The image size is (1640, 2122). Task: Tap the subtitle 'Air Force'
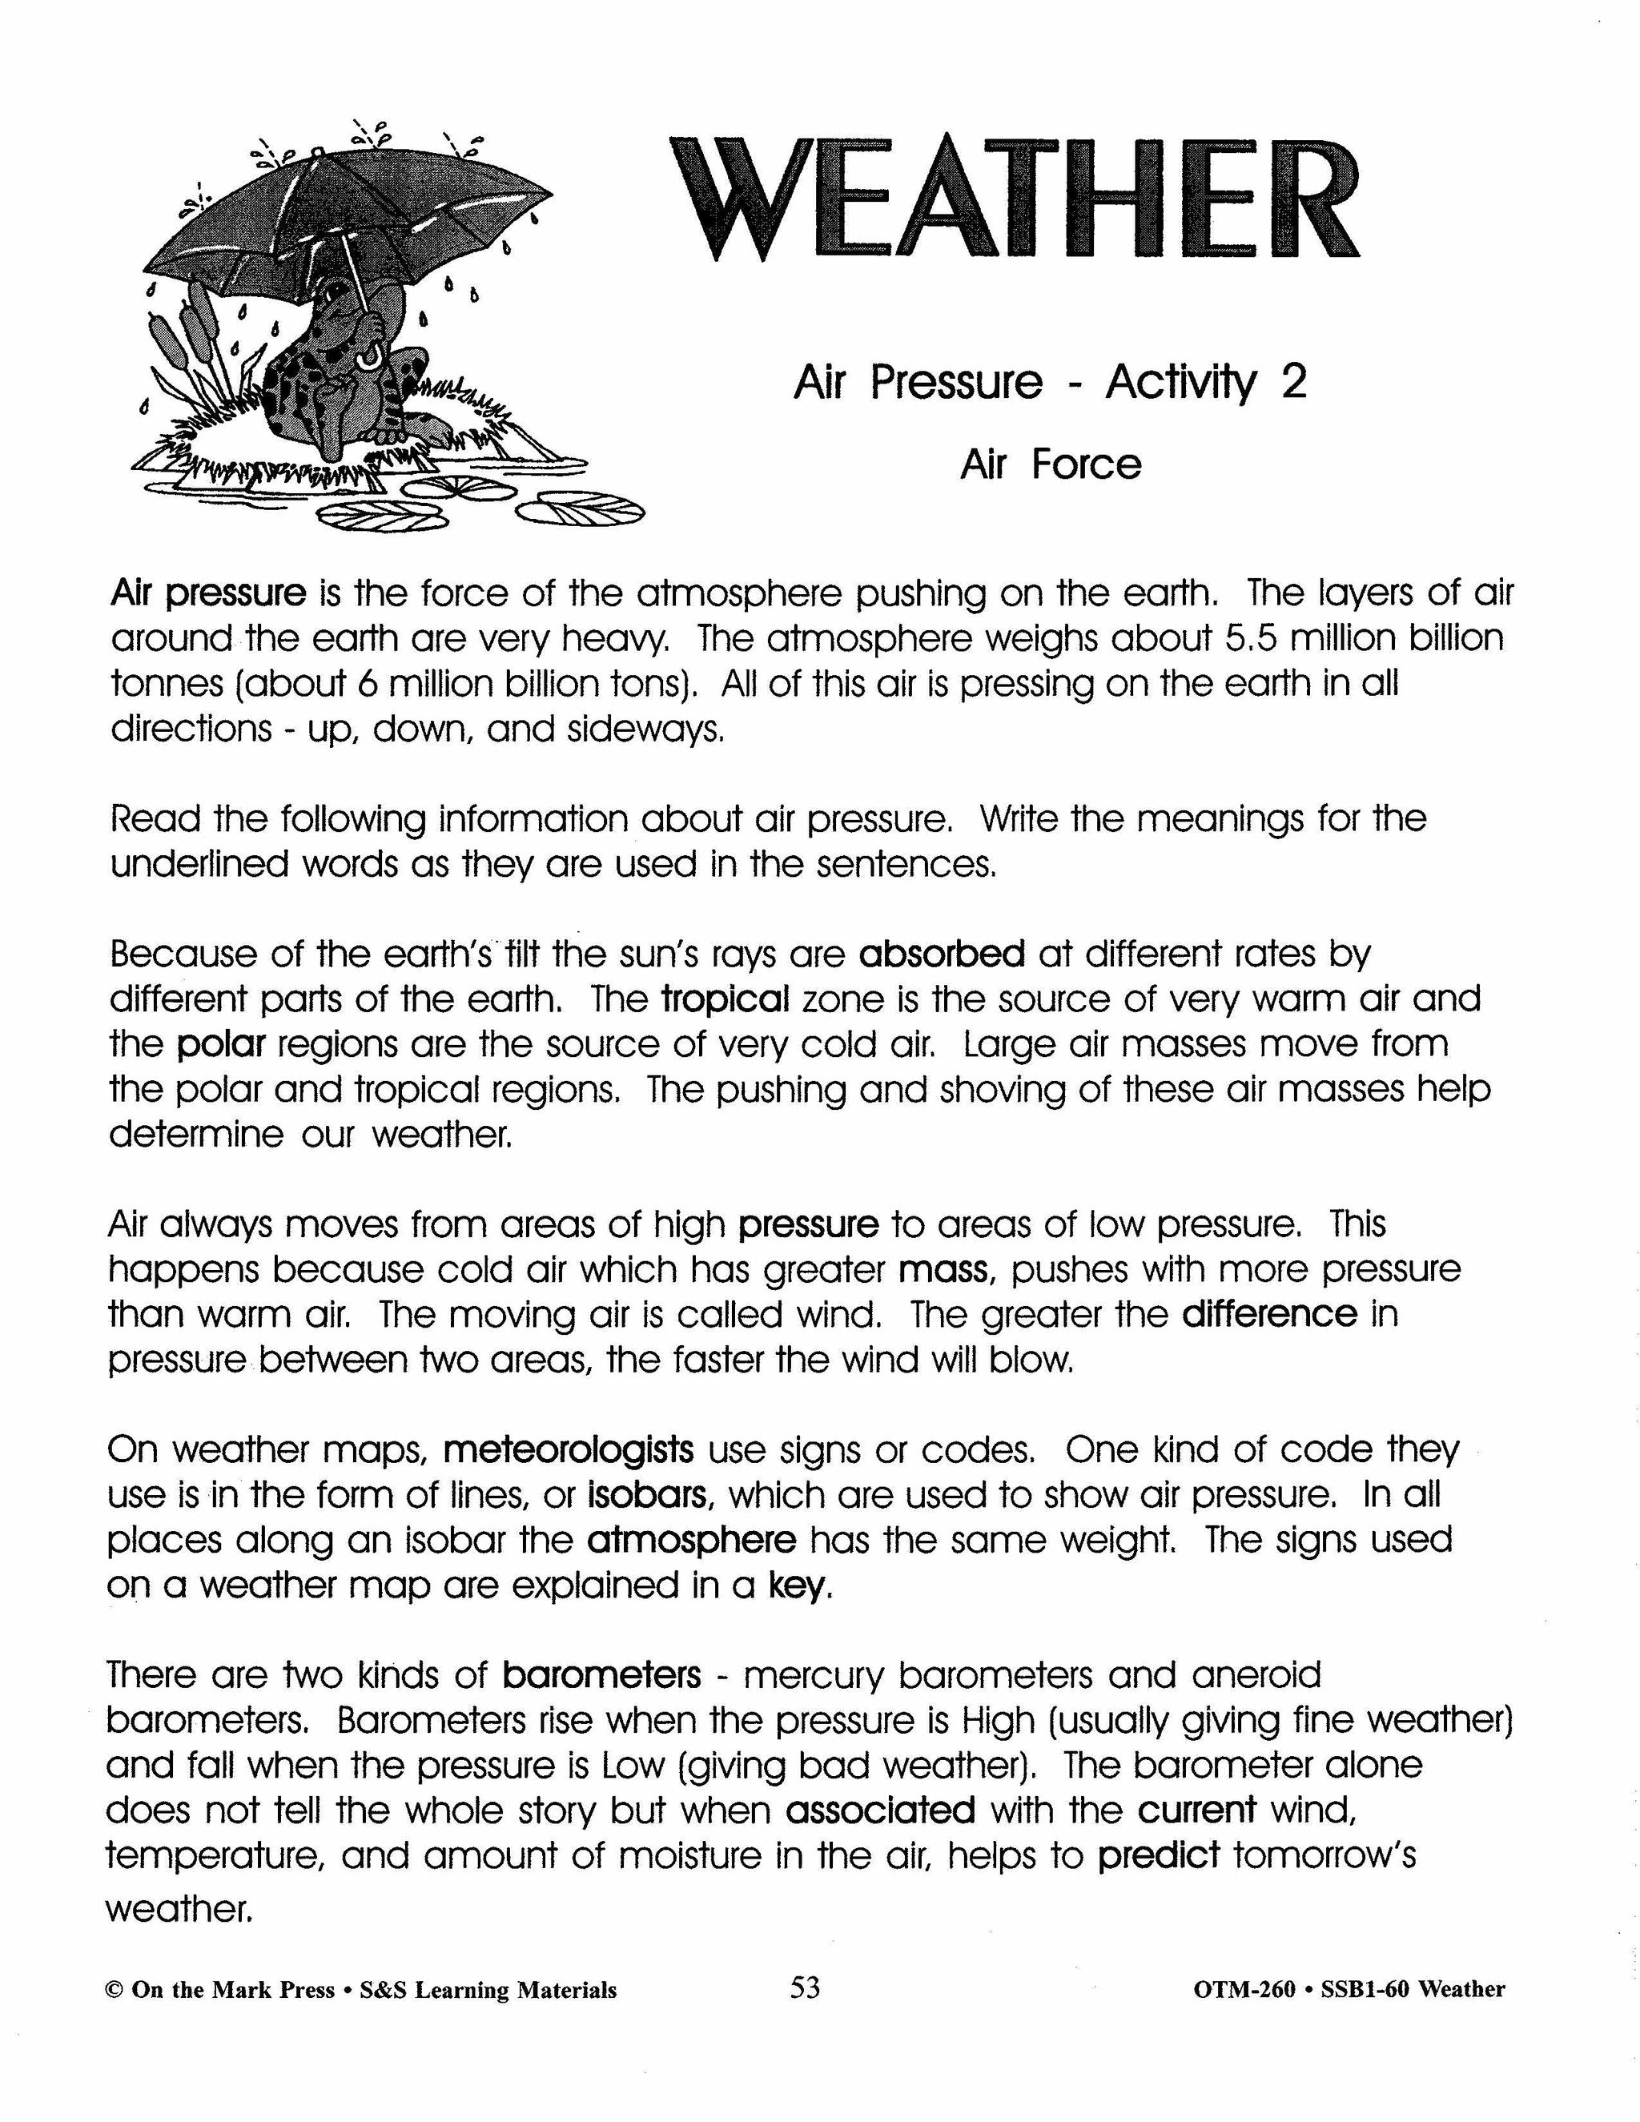(x=1051, y=464)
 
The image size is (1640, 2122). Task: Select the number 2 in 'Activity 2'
(x=1293, y=382)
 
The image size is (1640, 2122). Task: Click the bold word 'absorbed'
(x=942, y=954)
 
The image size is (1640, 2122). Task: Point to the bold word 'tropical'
(x=725, y=999)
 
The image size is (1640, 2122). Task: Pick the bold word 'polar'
(x=222, y=1044)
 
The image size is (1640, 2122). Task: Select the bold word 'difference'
(x=1269, y=1313)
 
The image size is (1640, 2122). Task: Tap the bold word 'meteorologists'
(x=569, y=1449)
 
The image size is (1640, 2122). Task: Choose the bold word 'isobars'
(x=648, y=1495)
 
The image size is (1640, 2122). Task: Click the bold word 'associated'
(x=880, y=1811)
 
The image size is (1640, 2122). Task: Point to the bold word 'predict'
(x=1158, y=1857)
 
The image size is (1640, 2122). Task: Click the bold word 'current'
(x=1197, y=1811)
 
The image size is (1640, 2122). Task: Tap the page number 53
(x=806, y=1988)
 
